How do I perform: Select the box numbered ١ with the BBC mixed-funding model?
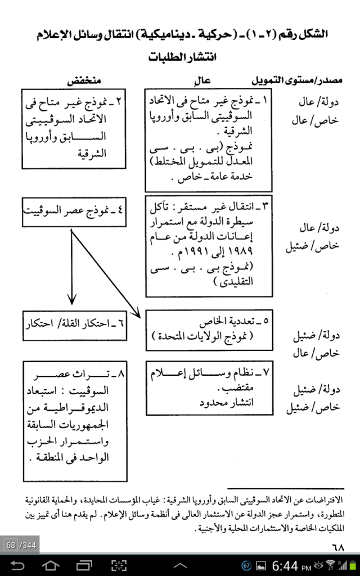click(209, 139)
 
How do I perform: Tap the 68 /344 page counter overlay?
click(20, 545)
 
